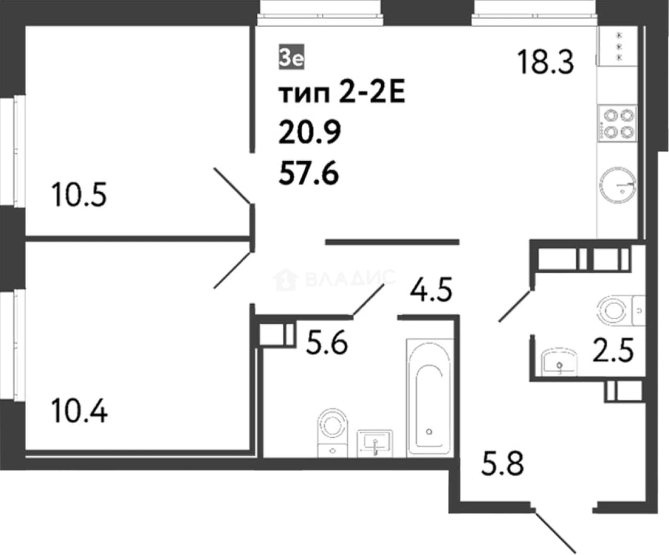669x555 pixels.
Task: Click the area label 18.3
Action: pos(545,62)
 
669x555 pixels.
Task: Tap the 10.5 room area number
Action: pos(79,194)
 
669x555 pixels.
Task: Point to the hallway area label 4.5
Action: pos(431,290)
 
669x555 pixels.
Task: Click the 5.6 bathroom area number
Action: pos(326,343)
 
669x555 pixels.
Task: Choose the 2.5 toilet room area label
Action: pos(613,350)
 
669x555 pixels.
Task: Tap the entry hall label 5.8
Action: pos(503,463)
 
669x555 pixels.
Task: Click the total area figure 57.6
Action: pos(308,173)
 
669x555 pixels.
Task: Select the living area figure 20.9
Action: pos(309,132)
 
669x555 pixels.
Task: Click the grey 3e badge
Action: pos(291,57)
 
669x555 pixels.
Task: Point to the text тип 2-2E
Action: pos(342,93)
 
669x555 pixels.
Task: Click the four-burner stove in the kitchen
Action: pos(617,123)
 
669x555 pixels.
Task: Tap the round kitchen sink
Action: pos(618,185)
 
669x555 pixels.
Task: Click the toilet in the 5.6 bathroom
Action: pos(332,433)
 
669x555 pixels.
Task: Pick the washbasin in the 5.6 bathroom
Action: pos(375,443)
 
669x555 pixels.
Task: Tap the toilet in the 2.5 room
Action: pos(621,311)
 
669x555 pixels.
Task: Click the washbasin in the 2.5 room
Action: pos(560,361)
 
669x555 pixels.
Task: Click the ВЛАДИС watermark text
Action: pos(351,277)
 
